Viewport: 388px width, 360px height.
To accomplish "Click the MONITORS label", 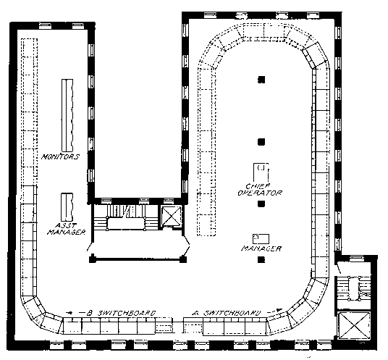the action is click(60, 156).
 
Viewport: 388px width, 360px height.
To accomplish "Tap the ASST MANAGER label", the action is click(67, 229).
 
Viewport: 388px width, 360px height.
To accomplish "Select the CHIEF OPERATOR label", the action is click(260, 189).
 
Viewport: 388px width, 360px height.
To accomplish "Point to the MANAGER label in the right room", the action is click(261, 248).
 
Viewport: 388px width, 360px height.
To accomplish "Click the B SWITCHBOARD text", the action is click(122, 313).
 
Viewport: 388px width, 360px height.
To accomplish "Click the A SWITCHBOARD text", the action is click(227, 313).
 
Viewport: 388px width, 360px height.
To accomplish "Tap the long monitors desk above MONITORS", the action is click(67, 115).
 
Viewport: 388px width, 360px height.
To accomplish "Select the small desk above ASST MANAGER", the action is click(67, 207).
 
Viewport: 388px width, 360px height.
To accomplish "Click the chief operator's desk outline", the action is click(261, 172).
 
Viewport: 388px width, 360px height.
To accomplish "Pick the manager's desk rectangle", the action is click(261, 239).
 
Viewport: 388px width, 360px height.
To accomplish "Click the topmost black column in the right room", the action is click(261, 80).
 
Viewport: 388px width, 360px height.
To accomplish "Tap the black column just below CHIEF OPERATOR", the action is click(261, 204).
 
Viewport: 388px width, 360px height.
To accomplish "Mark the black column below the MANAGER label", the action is click(261, 259).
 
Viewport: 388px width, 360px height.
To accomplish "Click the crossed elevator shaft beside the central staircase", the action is click(172, 215).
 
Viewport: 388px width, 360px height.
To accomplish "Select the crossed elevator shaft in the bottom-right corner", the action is click(355, 325).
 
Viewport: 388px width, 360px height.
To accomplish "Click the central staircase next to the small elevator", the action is click(126, 217).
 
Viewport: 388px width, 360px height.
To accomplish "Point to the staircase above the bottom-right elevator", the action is click(354, 288).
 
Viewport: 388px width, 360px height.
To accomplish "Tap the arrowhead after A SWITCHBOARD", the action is click(279, 310).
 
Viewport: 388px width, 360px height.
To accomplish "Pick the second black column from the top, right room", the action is click(261, 142).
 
